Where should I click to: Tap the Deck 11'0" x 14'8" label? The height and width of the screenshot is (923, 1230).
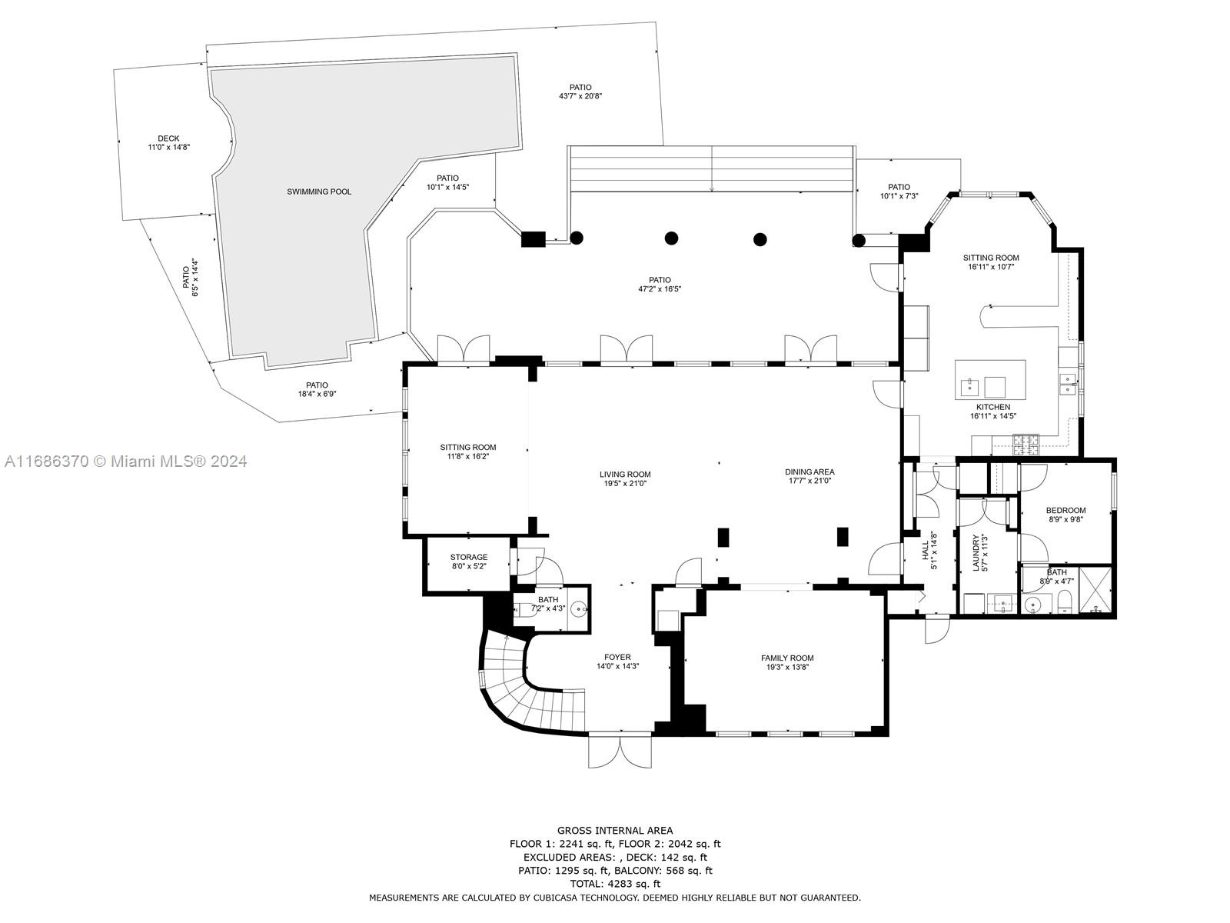[168, 143]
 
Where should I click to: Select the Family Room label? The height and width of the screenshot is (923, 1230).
[787, 662]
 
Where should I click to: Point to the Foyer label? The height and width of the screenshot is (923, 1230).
[617, 661]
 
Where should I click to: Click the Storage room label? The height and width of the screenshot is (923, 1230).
[468, 561]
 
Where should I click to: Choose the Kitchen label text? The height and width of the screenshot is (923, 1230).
[992, 412]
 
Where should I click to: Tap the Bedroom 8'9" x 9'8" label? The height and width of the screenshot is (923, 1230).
[1065, 515]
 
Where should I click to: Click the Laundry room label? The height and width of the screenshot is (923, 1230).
[979, 552]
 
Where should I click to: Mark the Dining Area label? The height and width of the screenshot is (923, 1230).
[809, 476]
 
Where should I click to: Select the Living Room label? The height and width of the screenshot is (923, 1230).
[625, 478]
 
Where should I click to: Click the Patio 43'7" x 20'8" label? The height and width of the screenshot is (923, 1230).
[580, 92]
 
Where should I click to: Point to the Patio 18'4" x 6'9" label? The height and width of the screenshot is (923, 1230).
[317, 389]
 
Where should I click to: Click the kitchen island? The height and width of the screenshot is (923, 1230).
[990, 379]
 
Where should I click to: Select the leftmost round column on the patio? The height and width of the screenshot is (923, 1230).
[577, 238]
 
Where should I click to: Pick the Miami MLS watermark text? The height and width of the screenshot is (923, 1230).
[125, 461]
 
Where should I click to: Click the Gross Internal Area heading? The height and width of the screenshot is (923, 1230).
[614, 830]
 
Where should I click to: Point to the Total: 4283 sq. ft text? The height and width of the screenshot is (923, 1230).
[614, 884]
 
